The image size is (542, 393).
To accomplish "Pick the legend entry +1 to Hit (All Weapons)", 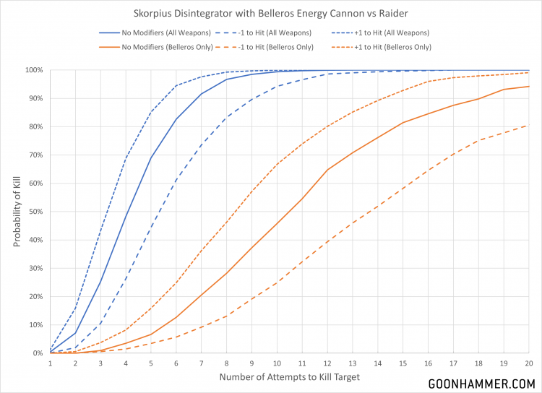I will click(382, 33).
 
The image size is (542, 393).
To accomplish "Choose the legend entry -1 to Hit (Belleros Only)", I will click(274, 47).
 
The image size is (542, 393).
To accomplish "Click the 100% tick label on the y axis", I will click(34, 70).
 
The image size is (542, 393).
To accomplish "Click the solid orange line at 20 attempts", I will click(530, 87).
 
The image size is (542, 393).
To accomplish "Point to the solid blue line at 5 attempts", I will click(151, 157).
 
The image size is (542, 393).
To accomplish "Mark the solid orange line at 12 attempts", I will click(328, 170).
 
